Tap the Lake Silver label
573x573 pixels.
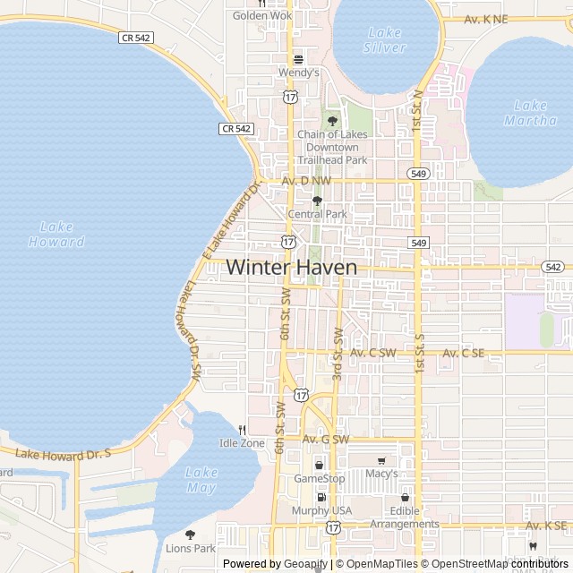[386, 39]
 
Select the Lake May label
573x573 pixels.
[201, 479]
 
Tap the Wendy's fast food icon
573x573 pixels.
[299, 58]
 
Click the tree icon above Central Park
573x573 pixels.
[317, 201]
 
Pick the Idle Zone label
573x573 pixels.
[242, 443]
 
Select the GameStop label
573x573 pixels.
[320, 479]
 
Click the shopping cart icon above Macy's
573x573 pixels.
[382, 460]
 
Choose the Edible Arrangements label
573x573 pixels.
[405, 517]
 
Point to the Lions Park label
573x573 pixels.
[190, 547]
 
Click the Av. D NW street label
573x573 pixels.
[306, 181]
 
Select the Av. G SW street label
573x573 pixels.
[325, 439]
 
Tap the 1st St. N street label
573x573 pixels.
[417, 107]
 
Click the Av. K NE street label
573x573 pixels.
[486, 19]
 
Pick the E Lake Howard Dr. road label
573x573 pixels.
[230, 220]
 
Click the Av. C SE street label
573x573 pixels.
[466, 354]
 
